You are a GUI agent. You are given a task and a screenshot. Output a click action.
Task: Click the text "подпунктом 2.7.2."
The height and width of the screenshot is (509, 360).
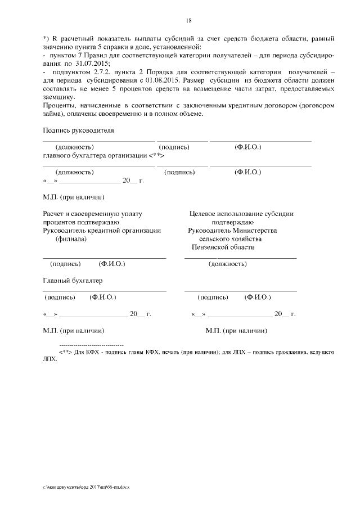[x=82, y=73]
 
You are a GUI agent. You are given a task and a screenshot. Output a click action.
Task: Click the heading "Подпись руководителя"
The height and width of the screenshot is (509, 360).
[x=78, y=130]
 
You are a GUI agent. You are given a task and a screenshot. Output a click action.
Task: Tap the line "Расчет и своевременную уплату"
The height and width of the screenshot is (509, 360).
[x=93, y=214]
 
